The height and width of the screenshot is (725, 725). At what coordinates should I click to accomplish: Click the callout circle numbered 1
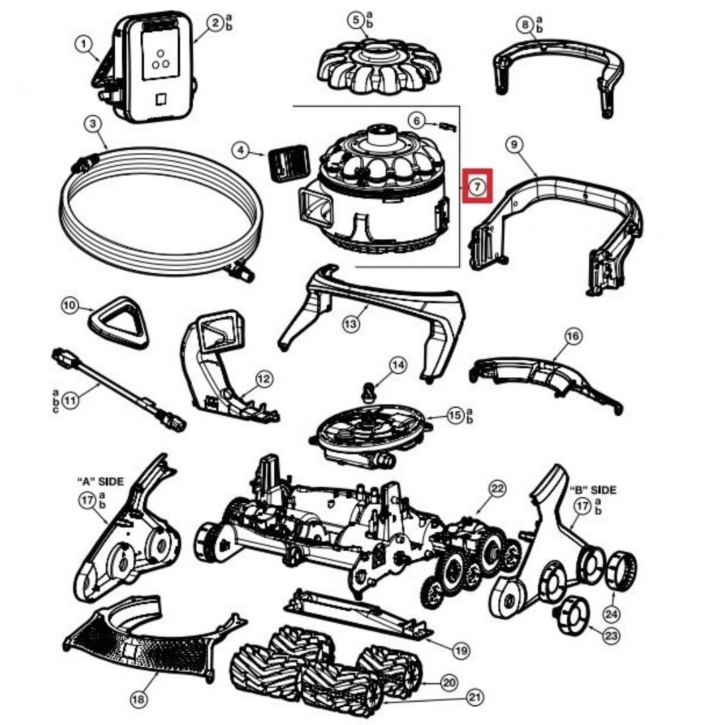(x=83, y=44)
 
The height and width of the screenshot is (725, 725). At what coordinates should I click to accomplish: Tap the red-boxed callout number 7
(x=476, y=186)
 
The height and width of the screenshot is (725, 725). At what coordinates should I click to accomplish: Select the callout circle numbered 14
(x=398, y=365)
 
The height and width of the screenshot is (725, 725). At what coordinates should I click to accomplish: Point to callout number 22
(x=497, y=489)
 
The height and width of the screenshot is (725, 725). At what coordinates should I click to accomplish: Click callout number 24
(x=611, y=613)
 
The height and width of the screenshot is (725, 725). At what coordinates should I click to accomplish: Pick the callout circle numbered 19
(x=461, y=650)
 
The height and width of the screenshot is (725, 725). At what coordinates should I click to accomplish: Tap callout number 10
(x=70, y=306)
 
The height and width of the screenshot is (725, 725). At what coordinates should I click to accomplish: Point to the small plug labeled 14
(x=369, y=391)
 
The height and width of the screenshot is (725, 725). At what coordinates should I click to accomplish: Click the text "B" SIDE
(x=593, y=490)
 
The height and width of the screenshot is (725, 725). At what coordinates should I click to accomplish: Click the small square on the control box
(x=160, y=99)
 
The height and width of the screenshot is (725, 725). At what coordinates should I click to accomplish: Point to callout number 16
(x=573, y=336)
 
